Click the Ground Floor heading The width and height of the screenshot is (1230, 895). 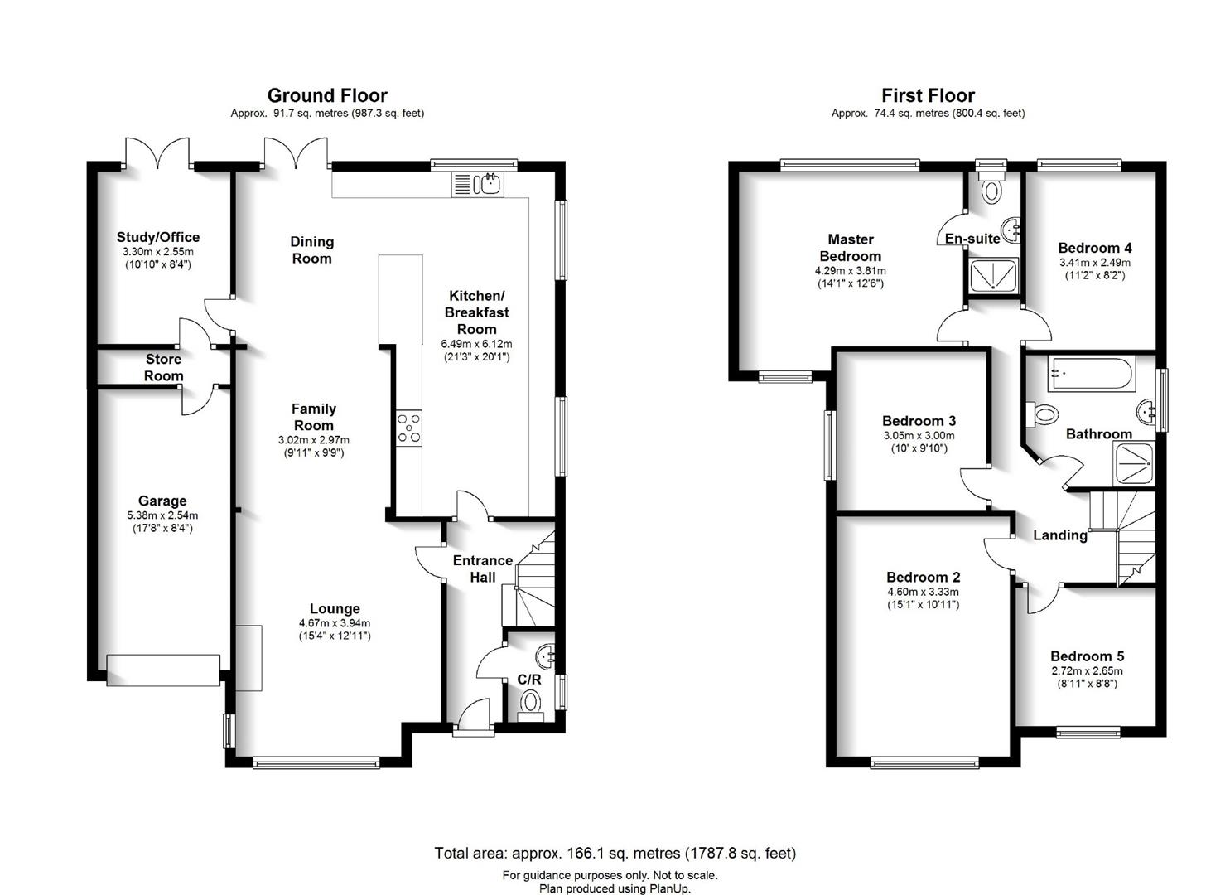[327, 95]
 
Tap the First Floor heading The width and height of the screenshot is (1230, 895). [928, 95]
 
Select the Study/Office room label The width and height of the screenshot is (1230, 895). [158, 237]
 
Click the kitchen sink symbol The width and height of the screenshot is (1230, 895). [477, 184]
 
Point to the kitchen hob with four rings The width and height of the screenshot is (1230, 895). [409, 428]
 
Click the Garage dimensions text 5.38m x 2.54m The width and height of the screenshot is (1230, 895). [162, 515]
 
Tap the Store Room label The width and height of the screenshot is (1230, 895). [164, 368]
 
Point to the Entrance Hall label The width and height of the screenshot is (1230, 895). [483, 568]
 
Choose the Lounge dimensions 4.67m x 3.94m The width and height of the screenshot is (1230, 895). [335, 623]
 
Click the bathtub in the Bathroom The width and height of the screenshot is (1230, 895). [1092, 374]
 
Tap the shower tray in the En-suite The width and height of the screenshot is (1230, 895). [994, 274]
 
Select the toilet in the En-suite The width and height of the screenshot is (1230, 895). [991, 186]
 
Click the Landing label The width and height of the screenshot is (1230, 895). [1060, 535]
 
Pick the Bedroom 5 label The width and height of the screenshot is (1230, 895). [1088, 656]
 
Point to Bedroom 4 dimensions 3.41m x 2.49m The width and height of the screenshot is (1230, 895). [1095, 263]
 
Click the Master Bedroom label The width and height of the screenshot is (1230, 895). [851, 248]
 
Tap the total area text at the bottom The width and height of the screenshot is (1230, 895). [615, 853]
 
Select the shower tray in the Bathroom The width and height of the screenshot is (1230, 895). [1133, 464]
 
